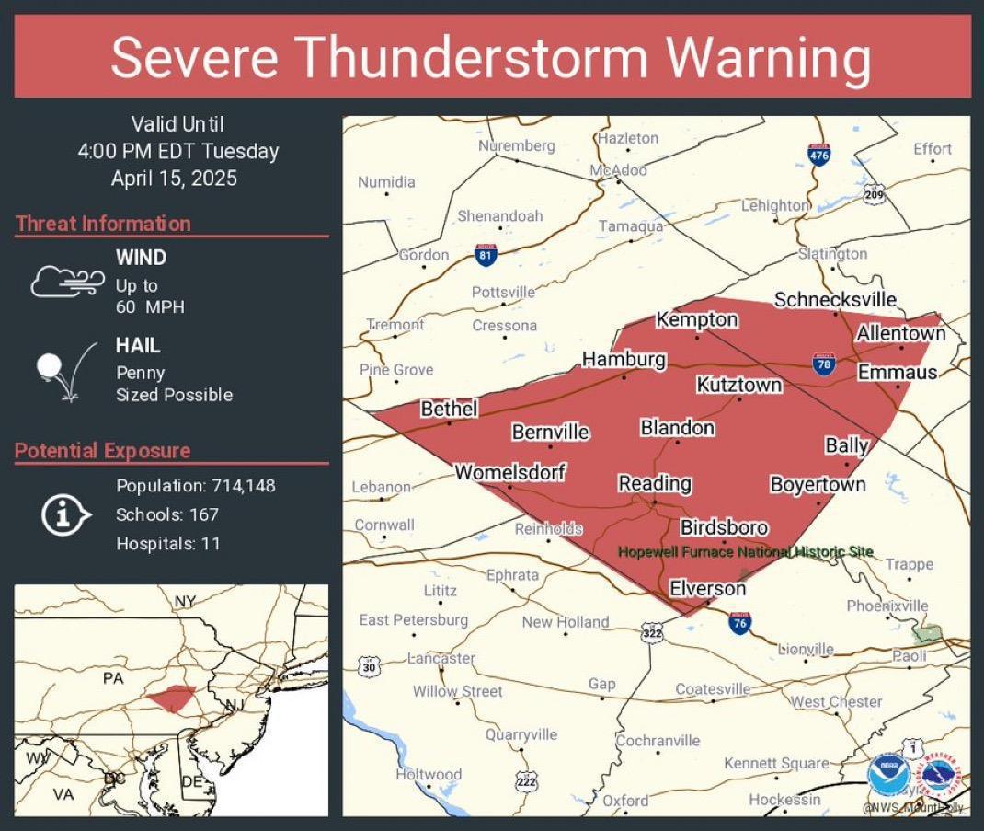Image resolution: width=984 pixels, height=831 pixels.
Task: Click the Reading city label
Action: [x=654, y=483]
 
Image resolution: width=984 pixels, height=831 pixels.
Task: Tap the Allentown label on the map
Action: [x=900, y=333]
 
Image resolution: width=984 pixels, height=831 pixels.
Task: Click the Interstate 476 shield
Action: [x=818, y=155]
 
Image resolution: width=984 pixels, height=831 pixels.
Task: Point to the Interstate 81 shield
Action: [x=486, y=254]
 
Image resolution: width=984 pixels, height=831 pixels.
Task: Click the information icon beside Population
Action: [x=64, y=514]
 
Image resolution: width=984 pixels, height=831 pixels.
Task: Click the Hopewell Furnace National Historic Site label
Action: [x=745, y=552]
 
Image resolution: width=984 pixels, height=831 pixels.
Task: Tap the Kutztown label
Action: [x=738, y=385]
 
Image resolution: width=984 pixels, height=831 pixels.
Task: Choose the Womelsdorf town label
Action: [x=509, y=472]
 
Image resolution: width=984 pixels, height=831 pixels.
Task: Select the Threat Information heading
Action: [x=103, y=224]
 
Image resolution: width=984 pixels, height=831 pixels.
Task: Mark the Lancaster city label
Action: [x=441, y=659]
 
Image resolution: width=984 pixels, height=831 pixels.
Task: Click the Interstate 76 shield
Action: [x=739, y=623]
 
